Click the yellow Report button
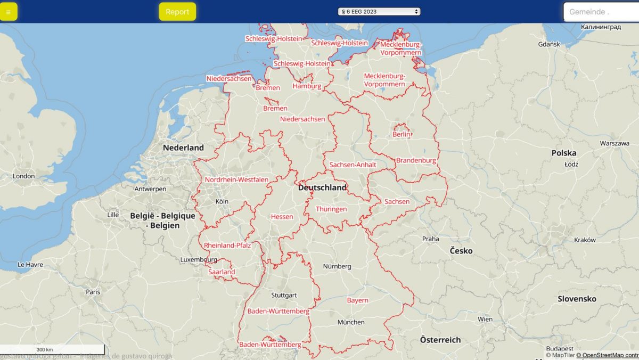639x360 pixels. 177,12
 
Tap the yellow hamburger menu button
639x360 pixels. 8,12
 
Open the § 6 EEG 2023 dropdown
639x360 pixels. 379,12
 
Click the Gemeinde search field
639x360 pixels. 601,12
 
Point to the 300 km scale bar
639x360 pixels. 45,349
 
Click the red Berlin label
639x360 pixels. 402,134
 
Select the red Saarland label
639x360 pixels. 222,272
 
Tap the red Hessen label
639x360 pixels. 282,217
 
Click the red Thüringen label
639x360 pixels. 331,209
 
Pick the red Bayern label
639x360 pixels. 358,300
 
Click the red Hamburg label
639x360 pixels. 307,86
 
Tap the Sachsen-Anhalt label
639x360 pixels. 353,165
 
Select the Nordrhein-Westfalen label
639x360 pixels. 236,180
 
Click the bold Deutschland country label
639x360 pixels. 322,187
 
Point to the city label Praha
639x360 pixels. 430,239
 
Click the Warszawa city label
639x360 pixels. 615,143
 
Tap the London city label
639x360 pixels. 24,176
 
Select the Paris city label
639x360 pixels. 93,292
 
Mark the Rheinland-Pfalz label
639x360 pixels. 227,246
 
